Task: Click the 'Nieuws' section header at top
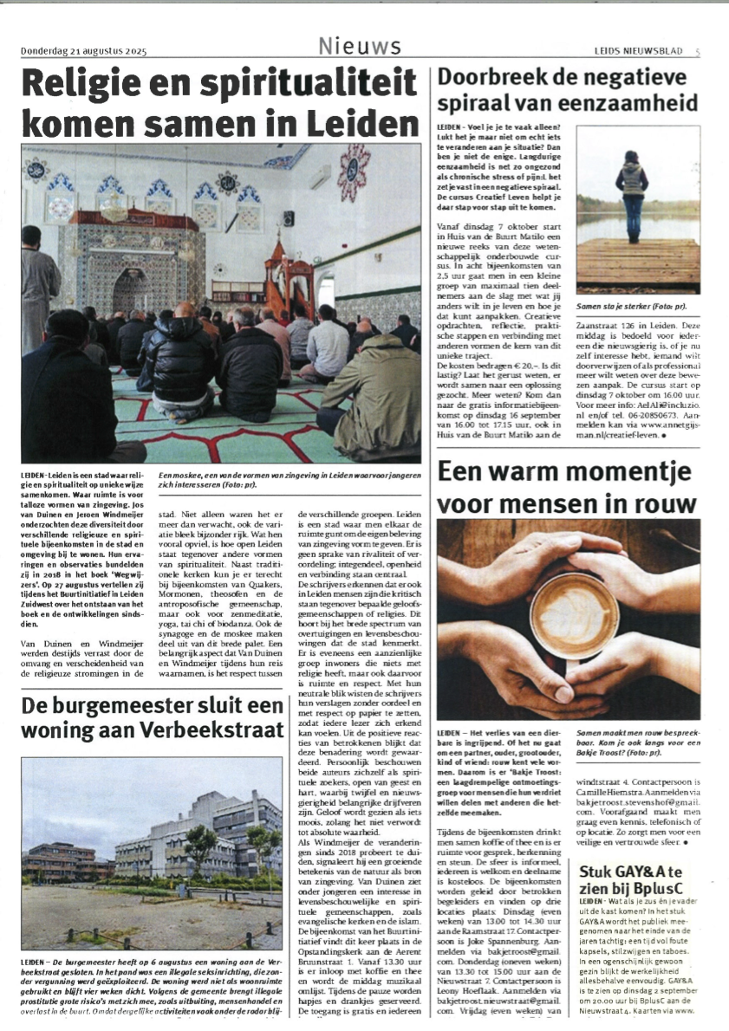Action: (x=359, y=46)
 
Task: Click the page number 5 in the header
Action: (x=697, y=52)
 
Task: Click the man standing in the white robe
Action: (x=38, y=286)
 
